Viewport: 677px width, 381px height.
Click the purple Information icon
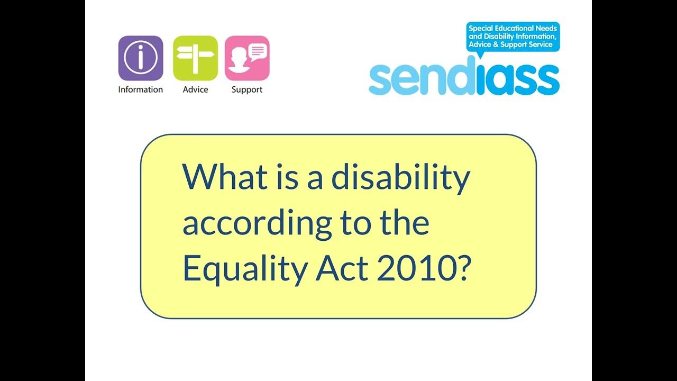pyautogui.click(x=141, y=58)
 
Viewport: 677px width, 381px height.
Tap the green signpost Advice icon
pyautogui.click(x=195, y=58)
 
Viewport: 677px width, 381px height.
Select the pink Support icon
pyautogui.click(x=247, y=58)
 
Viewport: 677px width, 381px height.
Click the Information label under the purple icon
pyautogui.click(x=141, y=89)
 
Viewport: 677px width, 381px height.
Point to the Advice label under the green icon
pyautogui.click(x=195, y=89)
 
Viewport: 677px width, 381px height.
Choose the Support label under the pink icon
pyautogui.click(x=247, y=89)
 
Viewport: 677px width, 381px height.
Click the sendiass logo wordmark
pyautogui.click(x=464, y=79)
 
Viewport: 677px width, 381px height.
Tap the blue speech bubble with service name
pyautogui.click(x=513, y=37)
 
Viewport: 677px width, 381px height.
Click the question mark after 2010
pyautogui.click(x=462, y=269)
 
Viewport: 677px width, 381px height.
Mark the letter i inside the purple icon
pyautogui.click(x=141, y=58)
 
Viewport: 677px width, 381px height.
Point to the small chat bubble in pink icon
pyautogui.click(x=258, y=51)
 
